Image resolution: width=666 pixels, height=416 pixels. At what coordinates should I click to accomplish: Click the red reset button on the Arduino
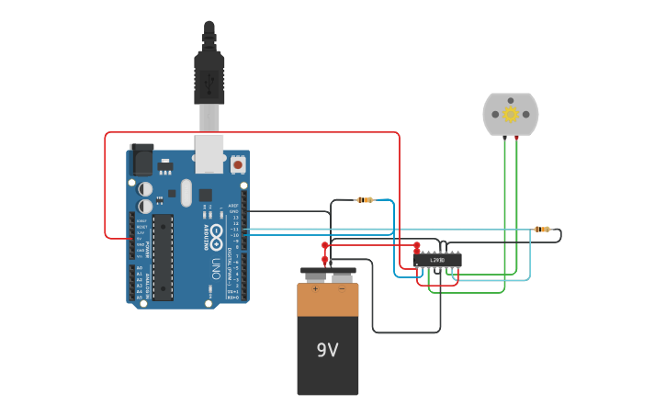pos(238,164)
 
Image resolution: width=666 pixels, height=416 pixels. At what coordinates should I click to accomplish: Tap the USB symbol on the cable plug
pos(209,82)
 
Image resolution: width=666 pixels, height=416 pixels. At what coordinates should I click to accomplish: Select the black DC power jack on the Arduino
pos(141,161)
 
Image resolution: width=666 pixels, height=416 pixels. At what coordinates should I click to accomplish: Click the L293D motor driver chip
pos(437,260)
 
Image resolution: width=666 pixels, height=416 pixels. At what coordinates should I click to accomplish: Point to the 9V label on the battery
pos(328,350)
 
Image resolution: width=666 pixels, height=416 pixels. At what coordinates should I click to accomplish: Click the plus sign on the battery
pos(315,288)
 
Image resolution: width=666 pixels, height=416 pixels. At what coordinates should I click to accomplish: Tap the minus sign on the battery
pos(342,288)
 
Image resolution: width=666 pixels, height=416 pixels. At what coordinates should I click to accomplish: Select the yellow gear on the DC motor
pos(511,114)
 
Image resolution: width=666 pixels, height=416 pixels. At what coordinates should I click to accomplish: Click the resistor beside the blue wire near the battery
pos(365,199)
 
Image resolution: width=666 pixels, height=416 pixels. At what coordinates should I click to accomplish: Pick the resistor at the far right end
pos(542,229)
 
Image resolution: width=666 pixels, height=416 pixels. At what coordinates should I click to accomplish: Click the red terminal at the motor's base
pos(516,137)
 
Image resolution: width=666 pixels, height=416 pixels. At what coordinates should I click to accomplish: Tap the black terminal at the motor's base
pos(504,137)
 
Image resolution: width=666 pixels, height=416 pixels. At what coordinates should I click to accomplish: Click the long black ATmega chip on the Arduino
pos(163,257)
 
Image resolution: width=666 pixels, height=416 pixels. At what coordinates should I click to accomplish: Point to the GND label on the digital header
pos(233,211)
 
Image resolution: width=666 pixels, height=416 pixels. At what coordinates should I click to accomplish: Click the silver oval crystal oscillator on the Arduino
pos(186,193)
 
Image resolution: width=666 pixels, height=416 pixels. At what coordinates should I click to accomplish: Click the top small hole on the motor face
pos(511,100)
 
